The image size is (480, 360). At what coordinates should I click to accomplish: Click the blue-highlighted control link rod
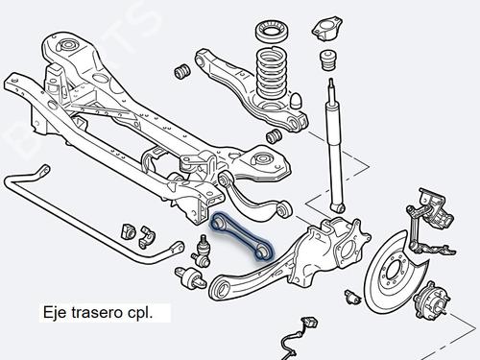click(241, 236)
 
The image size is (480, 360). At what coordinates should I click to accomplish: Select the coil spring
click(272, 73)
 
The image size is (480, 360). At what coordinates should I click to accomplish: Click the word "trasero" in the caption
click(97, 312)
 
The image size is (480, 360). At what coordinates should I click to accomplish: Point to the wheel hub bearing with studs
click(431, 300)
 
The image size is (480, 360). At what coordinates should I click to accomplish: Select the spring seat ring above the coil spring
click(272, 32)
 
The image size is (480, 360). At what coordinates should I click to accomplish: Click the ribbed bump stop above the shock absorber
click(327, 60)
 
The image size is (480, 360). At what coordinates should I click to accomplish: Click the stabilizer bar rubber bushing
click(129, 230)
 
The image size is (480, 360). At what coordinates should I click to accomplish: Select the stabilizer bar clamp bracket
click(147, 237)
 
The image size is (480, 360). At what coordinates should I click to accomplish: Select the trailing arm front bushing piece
click(191, 277)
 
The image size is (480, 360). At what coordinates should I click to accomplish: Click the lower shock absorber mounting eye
click(339, 207)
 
